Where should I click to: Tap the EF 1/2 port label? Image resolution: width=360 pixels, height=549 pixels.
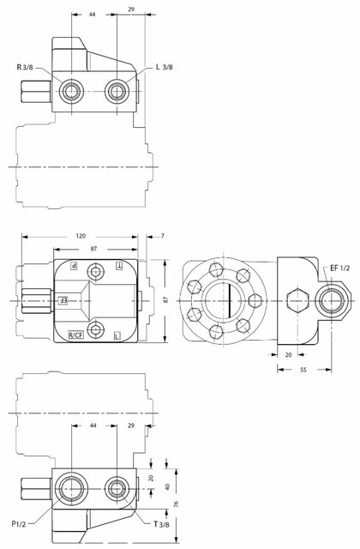[x=340, y=268]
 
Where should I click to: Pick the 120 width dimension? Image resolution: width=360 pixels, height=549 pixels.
[x=81, y=235]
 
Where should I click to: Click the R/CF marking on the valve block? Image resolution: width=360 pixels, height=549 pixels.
[x=75, y=334]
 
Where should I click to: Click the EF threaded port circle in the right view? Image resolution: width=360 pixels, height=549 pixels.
[x=330, y=301]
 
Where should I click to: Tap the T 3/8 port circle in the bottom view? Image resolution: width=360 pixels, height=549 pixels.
[x=117, y=491]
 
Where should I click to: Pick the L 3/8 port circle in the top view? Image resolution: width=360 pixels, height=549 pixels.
[x=117, y=91]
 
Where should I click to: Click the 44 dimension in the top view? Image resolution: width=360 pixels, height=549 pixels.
[x=93, y=15]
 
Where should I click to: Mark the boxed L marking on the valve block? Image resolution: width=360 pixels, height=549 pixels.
[x=117, y=334]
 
